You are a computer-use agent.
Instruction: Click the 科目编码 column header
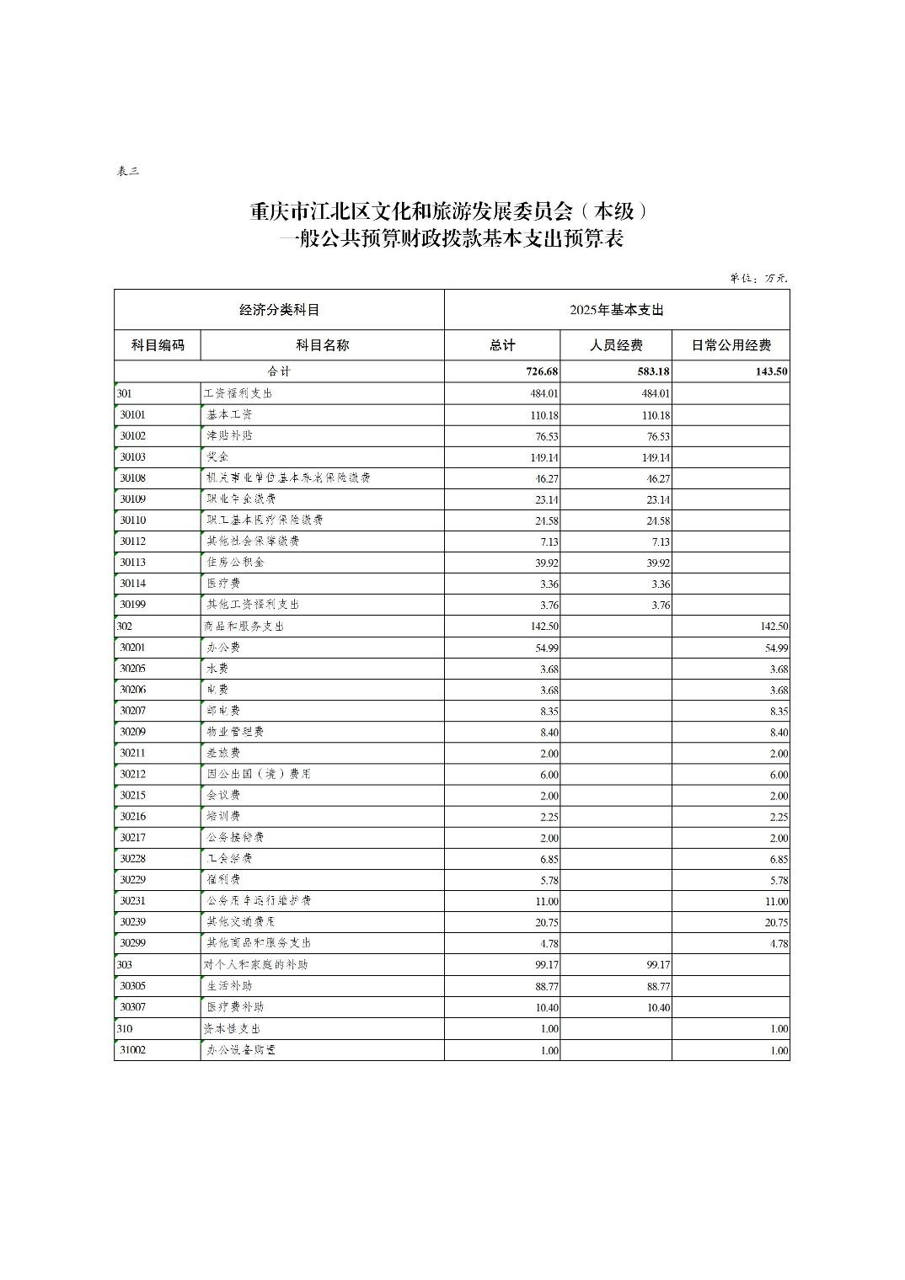click(158, 345)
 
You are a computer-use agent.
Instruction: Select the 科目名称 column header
click(322, 345)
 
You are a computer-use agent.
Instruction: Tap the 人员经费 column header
click(615, 345)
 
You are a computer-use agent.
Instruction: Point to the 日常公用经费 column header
click(731, 345)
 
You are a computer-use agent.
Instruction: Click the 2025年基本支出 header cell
click(617, 310)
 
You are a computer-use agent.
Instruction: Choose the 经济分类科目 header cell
click(279, 310)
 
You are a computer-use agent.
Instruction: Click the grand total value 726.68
click(541, 371)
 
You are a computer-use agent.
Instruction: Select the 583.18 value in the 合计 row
click(653, 371)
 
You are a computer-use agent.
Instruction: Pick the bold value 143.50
click(770, 371)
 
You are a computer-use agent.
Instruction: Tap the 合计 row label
click(279, 371)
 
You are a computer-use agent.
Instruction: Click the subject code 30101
click(133, 415)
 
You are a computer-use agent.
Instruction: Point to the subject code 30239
click(133, 922)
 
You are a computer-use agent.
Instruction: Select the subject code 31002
click(133, 1050)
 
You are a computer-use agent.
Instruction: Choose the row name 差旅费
click(223, 753)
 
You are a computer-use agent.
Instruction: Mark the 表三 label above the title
click(127, 172)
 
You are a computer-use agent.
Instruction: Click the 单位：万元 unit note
click(758, 279)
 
